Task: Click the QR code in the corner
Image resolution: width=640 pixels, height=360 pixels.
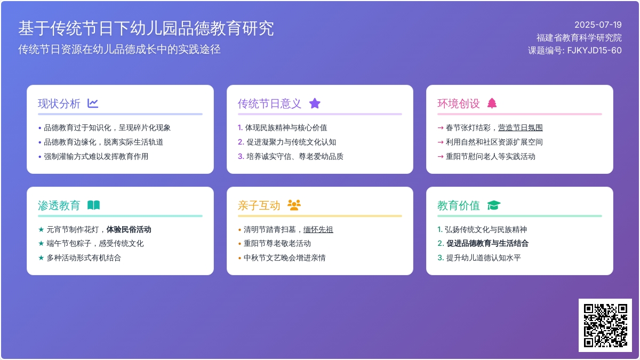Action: (605, 325)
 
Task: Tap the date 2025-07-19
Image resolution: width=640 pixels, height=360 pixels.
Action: (598, 25)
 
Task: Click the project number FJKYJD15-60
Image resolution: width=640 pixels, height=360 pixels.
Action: (594, 50)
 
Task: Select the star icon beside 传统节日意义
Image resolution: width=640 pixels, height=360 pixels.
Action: (315, 103)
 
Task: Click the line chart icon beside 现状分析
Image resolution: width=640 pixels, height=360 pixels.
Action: (93, 103)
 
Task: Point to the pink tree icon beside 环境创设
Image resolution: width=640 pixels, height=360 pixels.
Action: (492, 103)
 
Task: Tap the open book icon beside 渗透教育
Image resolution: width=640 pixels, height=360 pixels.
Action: (93, 205)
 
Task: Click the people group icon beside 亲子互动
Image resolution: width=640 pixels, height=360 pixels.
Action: (294, 205)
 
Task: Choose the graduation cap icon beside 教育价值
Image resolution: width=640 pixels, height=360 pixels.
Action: (494, 205)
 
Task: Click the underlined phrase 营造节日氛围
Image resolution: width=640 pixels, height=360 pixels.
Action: (521, 127)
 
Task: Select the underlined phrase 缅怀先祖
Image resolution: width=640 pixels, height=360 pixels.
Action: (318, 229)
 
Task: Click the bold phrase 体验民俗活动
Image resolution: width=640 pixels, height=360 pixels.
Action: (129, 229)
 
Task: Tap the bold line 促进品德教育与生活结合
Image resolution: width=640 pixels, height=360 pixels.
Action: (487, 243)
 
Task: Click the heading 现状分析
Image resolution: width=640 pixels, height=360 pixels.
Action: (59, 103)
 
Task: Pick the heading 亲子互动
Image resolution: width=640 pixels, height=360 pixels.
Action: (259, 205)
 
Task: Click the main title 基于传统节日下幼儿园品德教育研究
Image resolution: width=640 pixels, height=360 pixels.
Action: (146, 28)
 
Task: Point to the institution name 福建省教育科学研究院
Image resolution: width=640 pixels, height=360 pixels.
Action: (579, 38)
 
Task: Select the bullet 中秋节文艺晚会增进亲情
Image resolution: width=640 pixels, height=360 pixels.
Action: (284, 258)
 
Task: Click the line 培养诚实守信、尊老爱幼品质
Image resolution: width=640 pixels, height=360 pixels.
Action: (294, 157)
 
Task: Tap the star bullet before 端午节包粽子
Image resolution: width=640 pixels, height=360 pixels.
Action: (41, 243)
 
